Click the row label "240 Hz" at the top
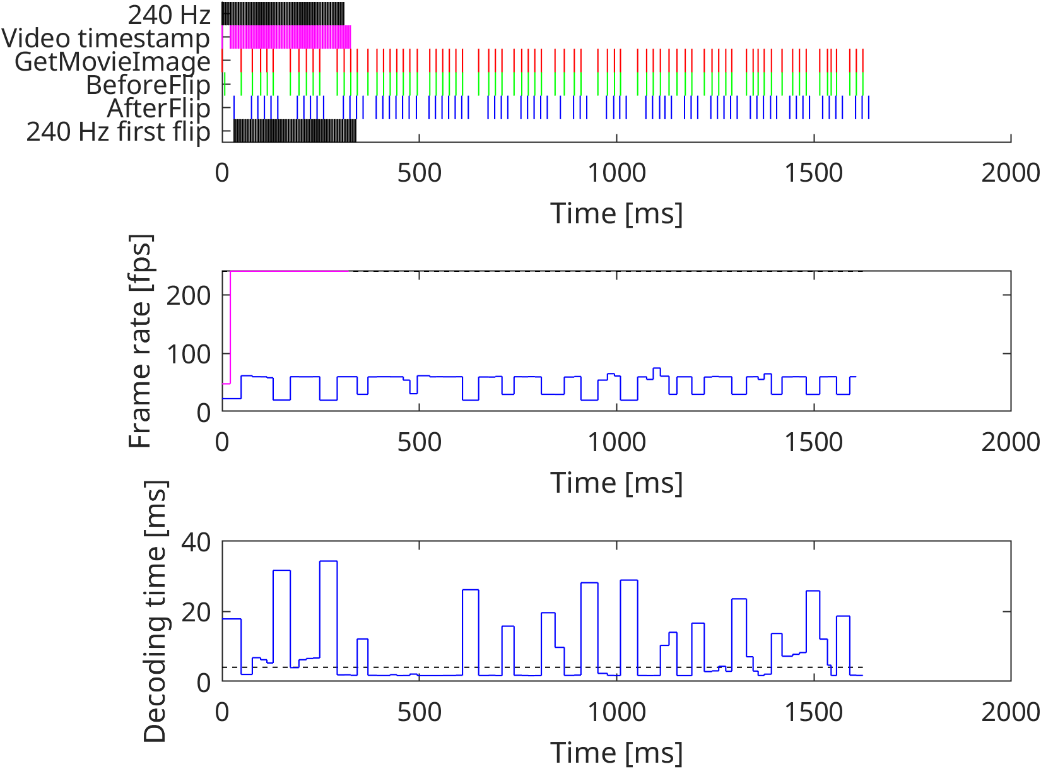pyautogui.click(x=168, y=15)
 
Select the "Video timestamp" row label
pyautogui.click(x=106, y=38)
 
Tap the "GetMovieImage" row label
pyautogui.click(x=112, y=62)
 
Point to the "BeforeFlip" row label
pyautogui.click(x=148, y=85)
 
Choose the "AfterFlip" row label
pyautogui.click(x=158, y=109)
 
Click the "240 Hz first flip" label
pyautogui.click(x=118, y=132)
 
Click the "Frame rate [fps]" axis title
pyautogui.click(x=140, y=341)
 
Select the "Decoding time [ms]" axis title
pyautogui.click(x=155, y=611)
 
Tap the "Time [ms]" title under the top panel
pyautogui.click(x=616, y=213)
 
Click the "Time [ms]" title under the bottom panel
pyautogui.click(x=616, y=753)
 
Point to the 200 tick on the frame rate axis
pyautogui.click(x=188, y=295)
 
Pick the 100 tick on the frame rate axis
pyautogui.click(x=188, y=354)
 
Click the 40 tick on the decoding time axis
pyautogui.click(x=196, y=541)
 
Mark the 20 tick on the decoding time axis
pyautogui.click(x=196, y=612)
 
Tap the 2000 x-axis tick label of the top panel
pyautogui.click(x=1010, y=173)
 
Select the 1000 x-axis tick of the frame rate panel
pyautogui.click(x=616, y=442)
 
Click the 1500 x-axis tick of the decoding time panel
pyautogui.click(x=813, y=712)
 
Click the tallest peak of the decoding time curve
pyautogui.click(x=328, y=561)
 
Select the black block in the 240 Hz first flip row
pyautogui.click(x=295, y=131)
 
